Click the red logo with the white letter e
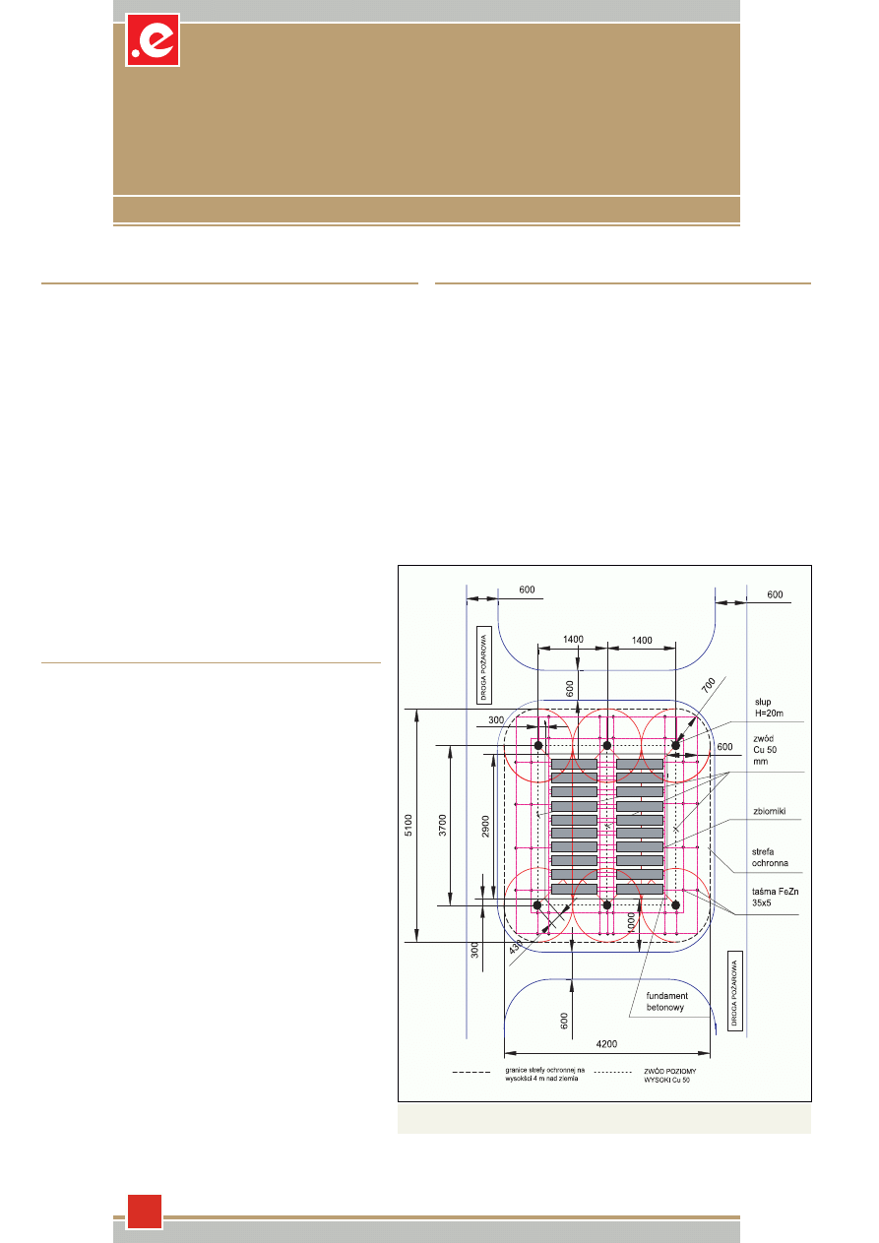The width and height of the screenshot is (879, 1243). [153, 40]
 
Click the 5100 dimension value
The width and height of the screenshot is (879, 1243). [408, 825]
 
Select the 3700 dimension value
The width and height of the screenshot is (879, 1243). [442, 825]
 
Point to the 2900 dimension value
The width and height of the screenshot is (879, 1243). [485, 827]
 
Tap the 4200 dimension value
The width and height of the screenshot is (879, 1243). [606, 1044]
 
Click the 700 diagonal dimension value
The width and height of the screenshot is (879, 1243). [709, 685]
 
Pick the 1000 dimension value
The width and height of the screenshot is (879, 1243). [630, 923]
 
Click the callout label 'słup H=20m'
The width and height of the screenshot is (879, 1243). [769, 708]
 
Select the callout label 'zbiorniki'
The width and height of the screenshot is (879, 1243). [769, 811]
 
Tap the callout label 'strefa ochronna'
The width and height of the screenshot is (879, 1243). [770, 857]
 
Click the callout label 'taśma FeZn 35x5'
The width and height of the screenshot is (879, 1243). [776, 897]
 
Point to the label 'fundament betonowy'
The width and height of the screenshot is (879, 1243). [666, 1002]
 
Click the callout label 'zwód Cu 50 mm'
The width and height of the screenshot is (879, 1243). [765, 750]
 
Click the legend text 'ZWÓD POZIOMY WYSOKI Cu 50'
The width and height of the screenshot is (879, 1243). [669, 1076]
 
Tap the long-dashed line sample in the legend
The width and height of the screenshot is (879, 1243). [471, 1072]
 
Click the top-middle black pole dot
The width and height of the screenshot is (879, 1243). [607, 745]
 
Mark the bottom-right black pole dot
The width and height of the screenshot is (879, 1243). [675, 905]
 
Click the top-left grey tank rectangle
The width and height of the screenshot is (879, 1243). [574, 764]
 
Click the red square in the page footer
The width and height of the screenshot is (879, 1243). [145, 1212]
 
